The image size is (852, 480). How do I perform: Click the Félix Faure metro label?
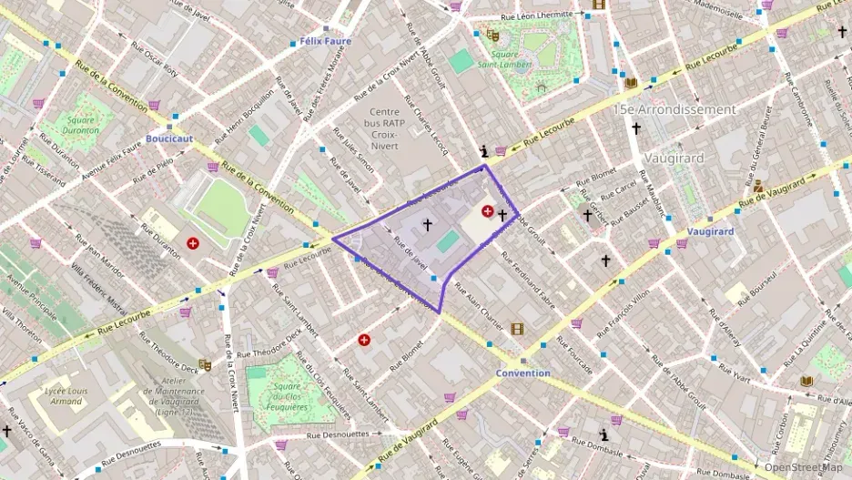(x=325, y=41)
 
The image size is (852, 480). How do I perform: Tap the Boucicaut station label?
(x=169, y=138)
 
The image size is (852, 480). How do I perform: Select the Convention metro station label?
(x=522, y=373)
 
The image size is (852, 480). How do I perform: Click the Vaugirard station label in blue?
(x=711, y=231)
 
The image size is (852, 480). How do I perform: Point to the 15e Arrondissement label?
(x=674, y=109)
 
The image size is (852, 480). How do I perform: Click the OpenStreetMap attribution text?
(x=803, y=467)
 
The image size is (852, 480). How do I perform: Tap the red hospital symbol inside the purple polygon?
(x=488, y=211)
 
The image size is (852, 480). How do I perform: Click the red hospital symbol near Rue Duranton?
(x=193, y=243)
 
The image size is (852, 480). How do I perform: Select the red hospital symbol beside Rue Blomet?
(x=365, y=340)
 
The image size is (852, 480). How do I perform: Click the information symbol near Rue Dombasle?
(x=603, y=435)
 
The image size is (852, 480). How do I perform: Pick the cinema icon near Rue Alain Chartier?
(x=517, y=329)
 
